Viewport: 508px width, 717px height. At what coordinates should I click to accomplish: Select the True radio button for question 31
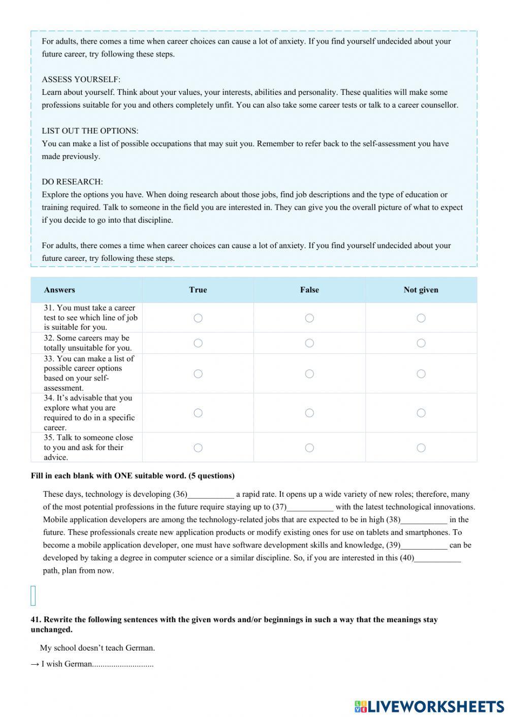[198, 318]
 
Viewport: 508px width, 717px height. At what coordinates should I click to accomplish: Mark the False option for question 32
[309, 343]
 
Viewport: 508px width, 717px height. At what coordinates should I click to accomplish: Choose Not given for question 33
[421, 373]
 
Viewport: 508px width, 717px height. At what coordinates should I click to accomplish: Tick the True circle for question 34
[198, 413]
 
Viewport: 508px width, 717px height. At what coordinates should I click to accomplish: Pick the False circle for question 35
[309, 448]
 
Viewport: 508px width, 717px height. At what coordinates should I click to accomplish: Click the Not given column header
[421, 290]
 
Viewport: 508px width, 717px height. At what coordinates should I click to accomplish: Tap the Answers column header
[59, 290]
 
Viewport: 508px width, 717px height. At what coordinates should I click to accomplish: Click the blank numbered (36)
[211, 495]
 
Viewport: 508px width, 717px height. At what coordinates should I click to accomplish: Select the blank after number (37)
[310, 507]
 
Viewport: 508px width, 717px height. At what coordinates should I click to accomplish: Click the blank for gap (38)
[424, 520]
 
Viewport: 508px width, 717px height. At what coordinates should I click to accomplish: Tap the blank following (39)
[424, 545]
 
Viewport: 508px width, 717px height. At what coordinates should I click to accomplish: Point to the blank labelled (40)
[438, 558]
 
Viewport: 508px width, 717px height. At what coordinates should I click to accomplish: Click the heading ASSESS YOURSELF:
[81, 80]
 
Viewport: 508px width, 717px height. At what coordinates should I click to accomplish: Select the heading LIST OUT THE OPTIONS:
[90, 131]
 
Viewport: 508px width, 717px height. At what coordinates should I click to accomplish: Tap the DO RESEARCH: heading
[72, 182]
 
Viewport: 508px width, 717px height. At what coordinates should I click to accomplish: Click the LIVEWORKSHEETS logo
[429, 706]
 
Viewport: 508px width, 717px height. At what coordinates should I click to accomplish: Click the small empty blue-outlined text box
[34, 596]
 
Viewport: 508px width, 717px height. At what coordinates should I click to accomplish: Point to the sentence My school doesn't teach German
[98, 648]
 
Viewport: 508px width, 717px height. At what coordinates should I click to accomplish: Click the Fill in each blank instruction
[133, 476]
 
